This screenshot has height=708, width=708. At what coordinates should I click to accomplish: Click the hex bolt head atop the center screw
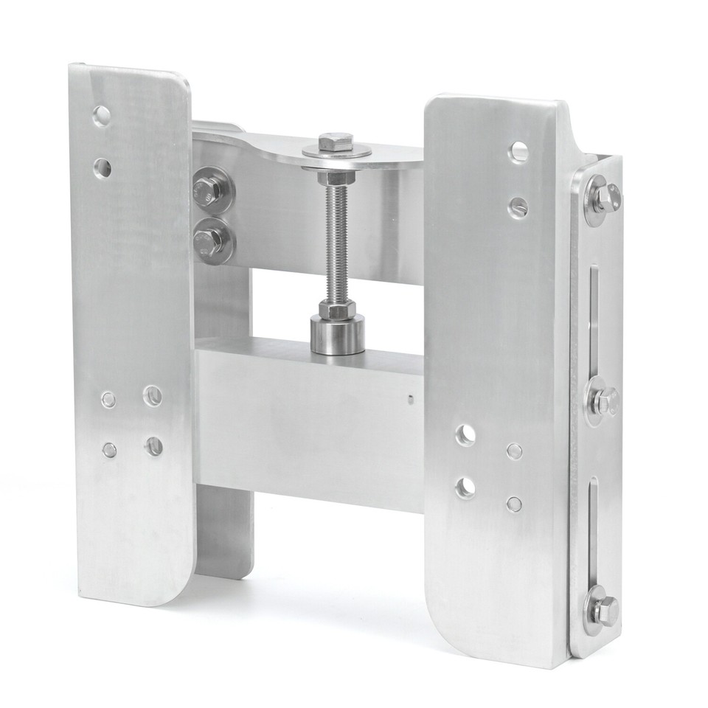pos(336,142)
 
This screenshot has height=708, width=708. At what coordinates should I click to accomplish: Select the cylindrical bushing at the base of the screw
pos(337,336)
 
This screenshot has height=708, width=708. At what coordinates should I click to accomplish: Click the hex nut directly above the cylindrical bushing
pos(337,309)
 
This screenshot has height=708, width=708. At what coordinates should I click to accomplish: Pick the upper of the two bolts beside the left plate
pos(208,191)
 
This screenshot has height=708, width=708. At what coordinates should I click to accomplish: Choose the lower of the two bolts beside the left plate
pos(208,241)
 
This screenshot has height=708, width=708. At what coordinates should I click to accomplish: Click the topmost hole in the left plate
pos(101,115)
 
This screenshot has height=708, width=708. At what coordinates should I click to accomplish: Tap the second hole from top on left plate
pos(103,167)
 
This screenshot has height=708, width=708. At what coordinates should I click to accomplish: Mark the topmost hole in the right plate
pos(519,151)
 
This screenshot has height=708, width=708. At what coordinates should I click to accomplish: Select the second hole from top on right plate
pos(518,207)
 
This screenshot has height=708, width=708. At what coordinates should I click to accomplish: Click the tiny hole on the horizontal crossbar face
pos(409,400)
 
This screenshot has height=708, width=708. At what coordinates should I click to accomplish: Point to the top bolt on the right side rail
pos(603,198)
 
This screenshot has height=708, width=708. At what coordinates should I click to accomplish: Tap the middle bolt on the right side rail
pos(603,402)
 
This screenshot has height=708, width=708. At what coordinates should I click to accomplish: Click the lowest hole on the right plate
pos(514,504)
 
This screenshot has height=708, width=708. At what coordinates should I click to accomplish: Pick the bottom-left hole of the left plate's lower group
pos(109,450)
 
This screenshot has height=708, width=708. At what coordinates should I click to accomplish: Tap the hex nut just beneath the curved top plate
pos(336,178)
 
